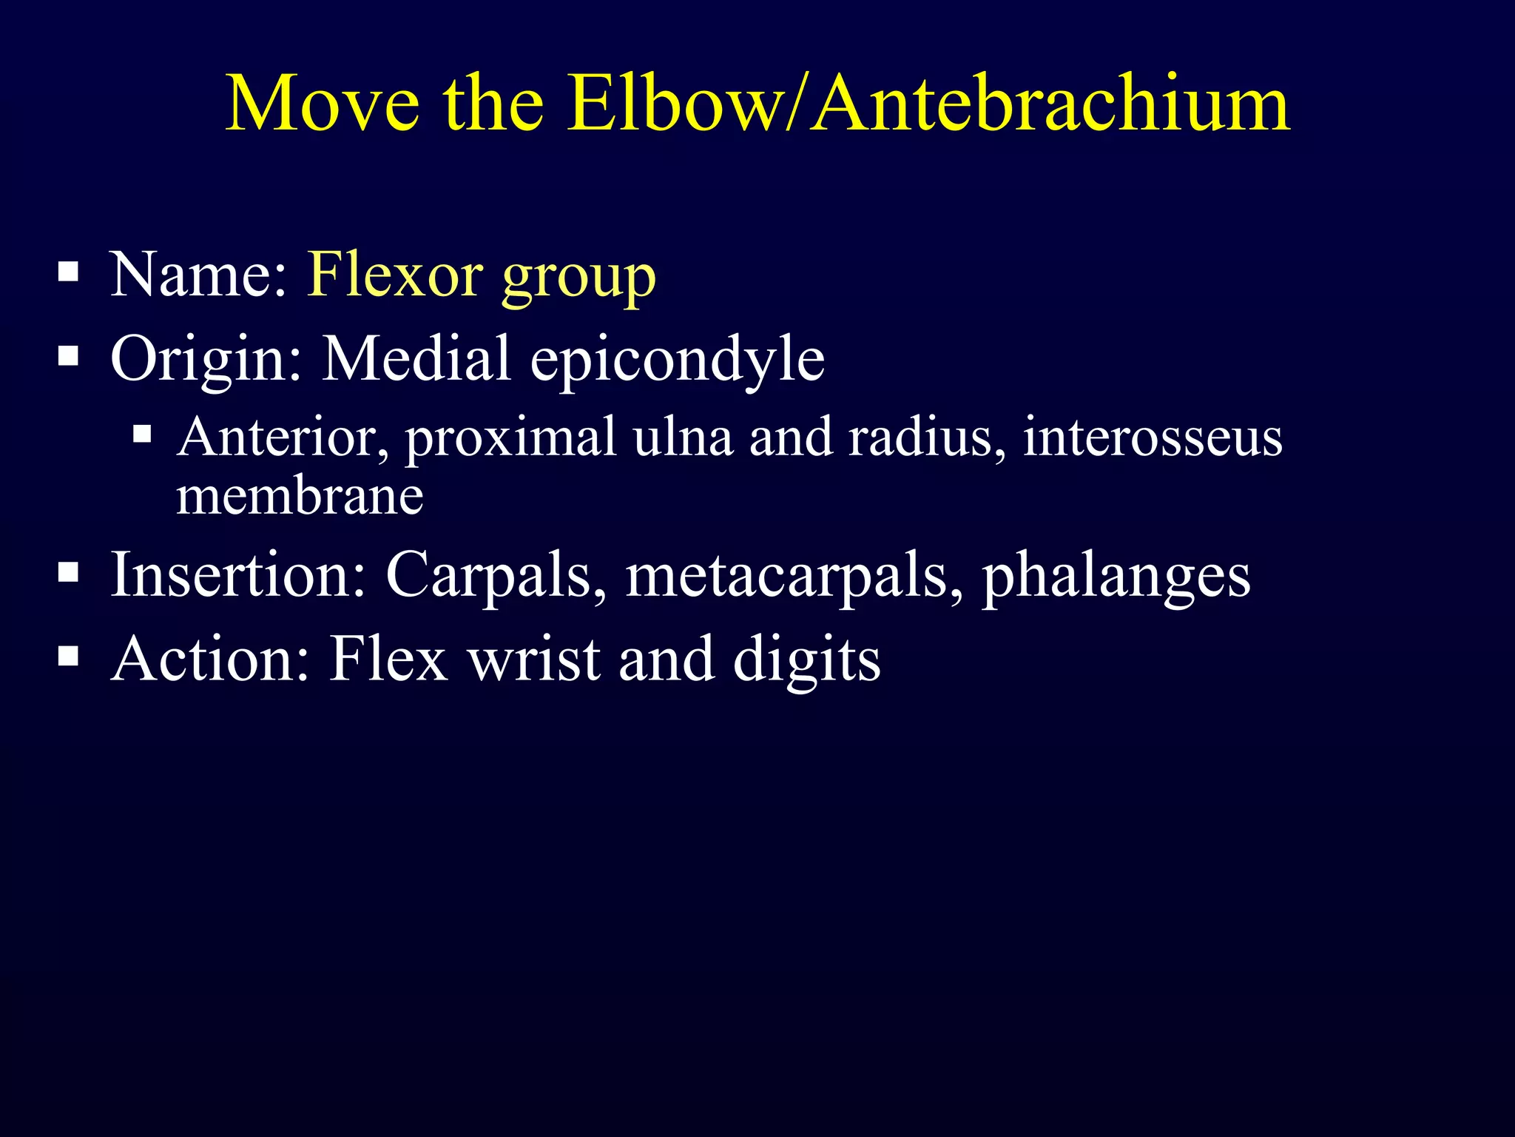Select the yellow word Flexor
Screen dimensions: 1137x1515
395,275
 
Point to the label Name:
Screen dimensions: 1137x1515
198,275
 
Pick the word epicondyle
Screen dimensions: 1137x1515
677,361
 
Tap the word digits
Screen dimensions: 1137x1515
806,660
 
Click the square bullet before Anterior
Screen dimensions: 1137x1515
143,433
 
